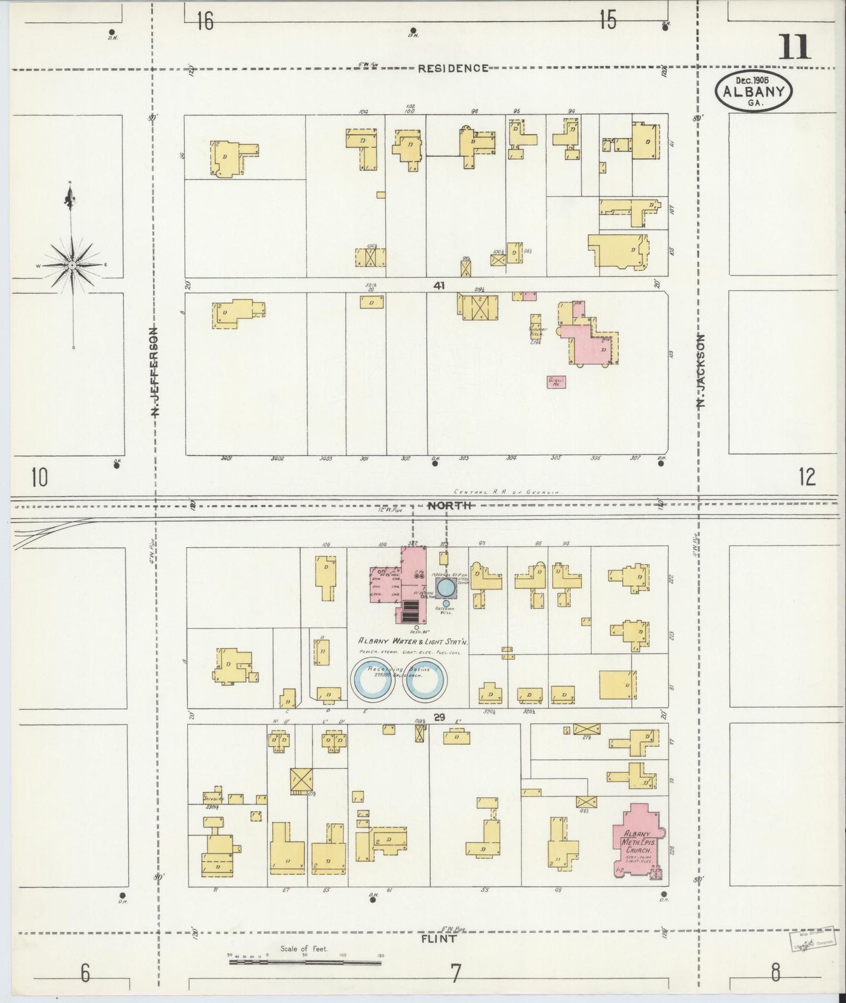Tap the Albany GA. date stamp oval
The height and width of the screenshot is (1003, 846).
(753, 91)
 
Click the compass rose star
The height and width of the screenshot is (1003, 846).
(71, 265)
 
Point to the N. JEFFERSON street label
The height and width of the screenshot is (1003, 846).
(155, 372)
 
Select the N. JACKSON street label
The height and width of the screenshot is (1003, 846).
(702, 370)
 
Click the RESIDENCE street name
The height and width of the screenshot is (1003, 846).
(453, 68)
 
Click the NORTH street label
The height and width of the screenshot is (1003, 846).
(448, 505)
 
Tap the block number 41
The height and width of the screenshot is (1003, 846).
(439, 286)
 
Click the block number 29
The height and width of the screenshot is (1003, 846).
(440, 717)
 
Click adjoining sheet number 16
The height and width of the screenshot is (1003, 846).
(205, 22)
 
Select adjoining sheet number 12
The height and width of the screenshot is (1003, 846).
(806, 478)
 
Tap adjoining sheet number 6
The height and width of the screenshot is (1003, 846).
(85, 974)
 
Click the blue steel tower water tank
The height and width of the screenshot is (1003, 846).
(446, 586)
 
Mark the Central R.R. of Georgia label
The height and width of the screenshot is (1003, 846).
(508, 493)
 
